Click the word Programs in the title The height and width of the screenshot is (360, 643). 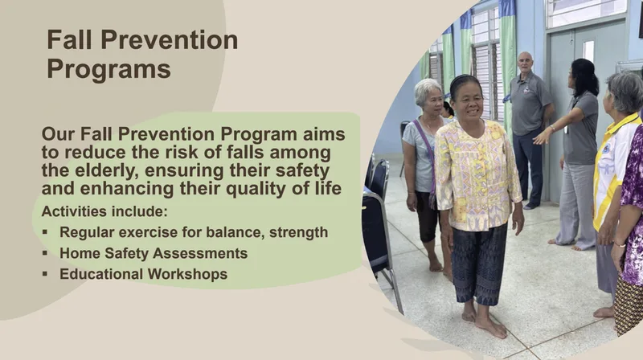click(x=109, y=69)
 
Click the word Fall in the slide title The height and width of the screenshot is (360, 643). click(x=69, y=39)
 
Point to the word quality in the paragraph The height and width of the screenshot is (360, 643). click(x=260, y=189)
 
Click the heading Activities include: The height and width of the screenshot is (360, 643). click(x=104, y=211)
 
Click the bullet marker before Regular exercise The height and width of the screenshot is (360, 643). click(x=45, y=232)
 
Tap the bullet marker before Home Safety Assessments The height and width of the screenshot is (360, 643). click(x=45, y=253)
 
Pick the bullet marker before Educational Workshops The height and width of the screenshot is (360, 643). click(x=45, y=274)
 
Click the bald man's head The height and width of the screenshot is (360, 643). click(x=525, y=63)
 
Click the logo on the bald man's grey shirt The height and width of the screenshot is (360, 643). click(x=526, y=90)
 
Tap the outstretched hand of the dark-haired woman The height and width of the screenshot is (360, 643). click(x=541, y=137)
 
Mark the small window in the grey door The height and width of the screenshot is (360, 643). click(x=588, y=52)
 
